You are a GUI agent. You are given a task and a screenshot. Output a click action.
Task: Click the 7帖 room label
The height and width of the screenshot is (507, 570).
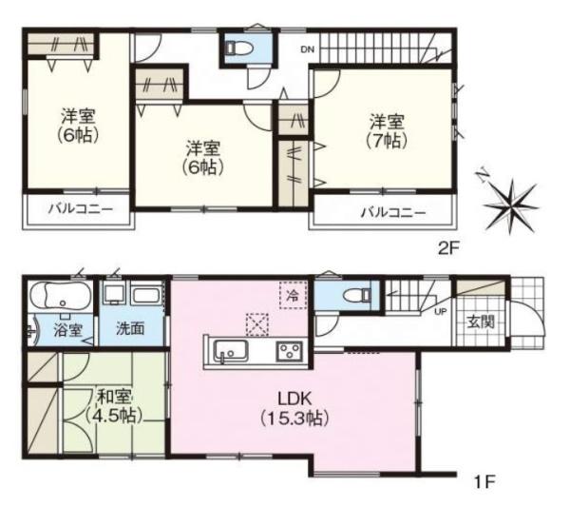pos(387,141)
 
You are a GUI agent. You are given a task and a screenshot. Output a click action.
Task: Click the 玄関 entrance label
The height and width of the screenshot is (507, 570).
pos(480,322)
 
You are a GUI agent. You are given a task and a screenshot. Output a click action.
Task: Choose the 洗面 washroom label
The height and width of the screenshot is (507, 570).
pos(130,330)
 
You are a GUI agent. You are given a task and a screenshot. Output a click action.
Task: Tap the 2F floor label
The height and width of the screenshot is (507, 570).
pos(448,249)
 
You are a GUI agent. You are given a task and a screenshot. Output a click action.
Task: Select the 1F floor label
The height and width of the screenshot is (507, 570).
pos(484,481)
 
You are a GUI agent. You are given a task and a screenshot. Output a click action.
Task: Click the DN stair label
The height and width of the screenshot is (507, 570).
pos(308,49)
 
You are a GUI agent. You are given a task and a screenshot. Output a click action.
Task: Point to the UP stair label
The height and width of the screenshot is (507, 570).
pos(441,311)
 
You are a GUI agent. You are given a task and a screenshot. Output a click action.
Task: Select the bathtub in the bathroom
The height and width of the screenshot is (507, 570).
pos(59,296)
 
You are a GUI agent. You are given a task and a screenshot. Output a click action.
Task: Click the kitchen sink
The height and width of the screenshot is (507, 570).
pos(228,354)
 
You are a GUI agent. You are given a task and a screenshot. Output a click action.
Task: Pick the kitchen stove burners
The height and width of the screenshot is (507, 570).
pos(288,353)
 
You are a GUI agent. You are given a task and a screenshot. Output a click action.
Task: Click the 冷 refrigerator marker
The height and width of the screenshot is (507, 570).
pos(293,296)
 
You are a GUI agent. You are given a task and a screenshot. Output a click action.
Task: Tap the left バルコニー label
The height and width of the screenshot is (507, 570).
pos(80,209)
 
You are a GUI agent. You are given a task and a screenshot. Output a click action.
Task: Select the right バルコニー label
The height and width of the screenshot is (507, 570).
pos(391,211)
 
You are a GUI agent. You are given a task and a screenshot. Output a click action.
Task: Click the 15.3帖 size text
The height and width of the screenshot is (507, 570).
pos(294,419)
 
